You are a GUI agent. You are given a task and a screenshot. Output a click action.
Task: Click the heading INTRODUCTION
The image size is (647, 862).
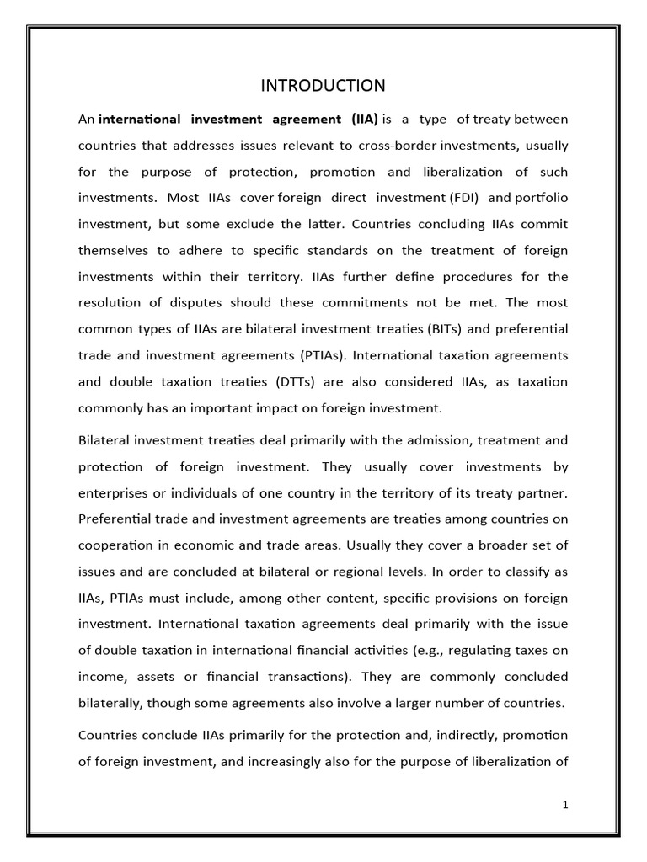pyautogui.click(x=323, y=86)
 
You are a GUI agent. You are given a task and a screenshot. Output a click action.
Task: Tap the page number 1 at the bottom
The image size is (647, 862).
pyautogui.click(x=565, y=805)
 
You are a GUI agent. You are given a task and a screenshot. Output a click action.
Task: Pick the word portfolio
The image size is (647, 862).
pyautogui.click(x=541, y=199)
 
